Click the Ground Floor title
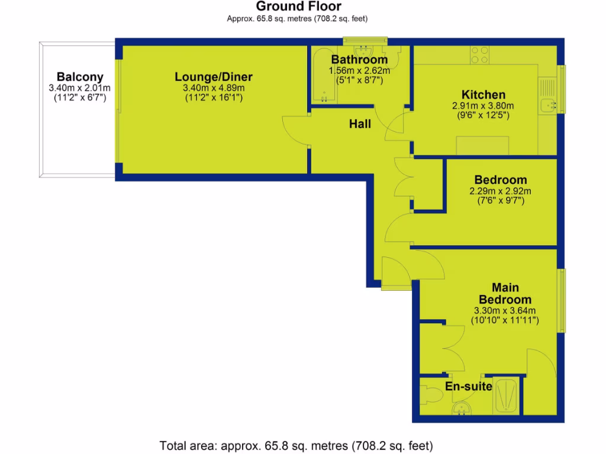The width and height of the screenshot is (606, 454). point(298,7)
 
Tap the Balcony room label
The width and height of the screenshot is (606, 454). point(80,77)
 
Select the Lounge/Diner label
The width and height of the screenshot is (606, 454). point(214,77)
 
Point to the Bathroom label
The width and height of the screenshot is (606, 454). point(359,60)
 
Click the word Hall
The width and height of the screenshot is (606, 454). point(360,124)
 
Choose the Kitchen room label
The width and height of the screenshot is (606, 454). point(483,95)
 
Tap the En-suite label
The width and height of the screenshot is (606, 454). point(469,387)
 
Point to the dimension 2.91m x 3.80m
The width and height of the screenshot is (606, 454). point(483,106)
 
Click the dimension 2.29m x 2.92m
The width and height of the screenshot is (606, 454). point(500,191)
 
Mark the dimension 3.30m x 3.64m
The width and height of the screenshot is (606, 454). point(505,311)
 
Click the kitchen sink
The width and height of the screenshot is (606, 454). point(549,105)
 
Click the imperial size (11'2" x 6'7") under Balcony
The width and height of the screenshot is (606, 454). point(80,98)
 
